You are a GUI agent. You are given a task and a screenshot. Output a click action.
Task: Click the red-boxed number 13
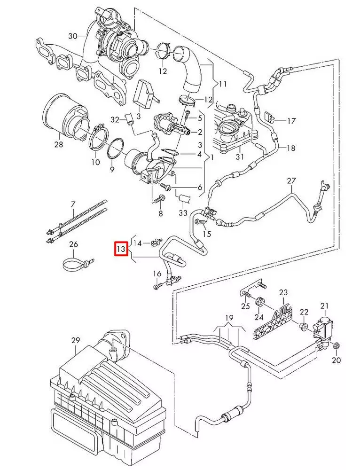(x=121, y=248)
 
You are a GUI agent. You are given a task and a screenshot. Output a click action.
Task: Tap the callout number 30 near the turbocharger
(x=72, y=36)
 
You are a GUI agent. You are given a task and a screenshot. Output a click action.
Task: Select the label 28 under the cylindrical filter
(x=58, y=145)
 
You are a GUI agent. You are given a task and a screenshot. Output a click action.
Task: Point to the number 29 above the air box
(x=76, y=339)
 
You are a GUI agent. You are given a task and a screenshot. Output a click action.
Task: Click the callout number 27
(x=291, y=180)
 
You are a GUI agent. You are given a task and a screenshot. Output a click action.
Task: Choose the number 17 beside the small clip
(x=291, y=121)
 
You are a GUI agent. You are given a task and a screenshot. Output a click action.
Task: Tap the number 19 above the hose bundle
(x=228, y=318)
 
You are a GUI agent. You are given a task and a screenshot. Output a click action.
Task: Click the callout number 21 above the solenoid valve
(x=325, y=306)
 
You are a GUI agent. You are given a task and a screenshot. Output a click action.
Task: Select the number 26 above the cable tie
(x=73, y=244)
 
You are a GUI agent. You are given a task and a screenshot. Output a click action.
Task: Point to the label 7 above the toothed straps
(x=73, y=204)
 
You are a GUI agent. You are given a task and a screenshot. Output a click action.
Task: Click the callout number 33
(x=183, y=213)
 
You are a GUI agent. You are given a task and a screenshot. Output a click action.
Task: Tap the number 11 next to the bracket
(x=223, y=84)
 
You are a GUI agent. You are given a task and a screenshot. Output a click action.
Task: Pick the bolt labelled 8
(x=158, y=200)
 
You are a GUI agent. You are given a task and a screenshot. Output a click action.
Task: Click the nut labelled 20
(x=337, y=347)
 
